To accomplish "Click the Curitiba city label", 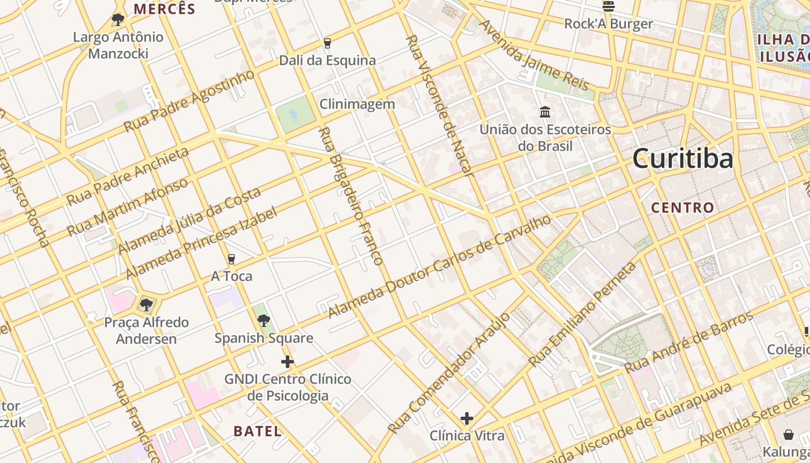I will [683, 159].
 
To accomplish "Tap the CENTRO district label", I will [683, 207].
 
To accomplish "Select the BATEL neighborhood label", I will [257, 431].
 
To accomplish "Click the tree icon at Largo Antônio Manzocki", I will [118, 20].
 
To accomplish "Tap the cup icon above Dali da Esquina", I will [327, 43].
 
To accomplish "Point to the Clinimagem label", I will [358, 104].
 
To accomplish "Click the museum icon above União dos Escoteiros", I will [545, 112].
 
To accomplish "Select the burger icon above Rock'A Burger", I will [608, 6].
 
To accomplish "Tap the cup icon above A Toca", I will [231, 259].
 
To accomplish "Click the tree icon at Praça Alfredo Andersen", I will [146, 304].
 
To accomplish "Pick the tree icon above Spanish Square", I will [264, 320].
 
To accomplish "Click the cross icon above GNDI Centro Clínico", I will [288, 362].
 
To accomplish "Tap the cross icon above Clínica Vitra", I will [467, 418].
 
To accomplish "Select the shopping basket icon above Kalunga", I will [788, 434].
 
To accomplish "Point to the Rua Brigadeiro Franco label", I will [351, 197].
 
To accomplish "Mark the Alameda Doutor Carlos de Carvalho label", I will [439, 267].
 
